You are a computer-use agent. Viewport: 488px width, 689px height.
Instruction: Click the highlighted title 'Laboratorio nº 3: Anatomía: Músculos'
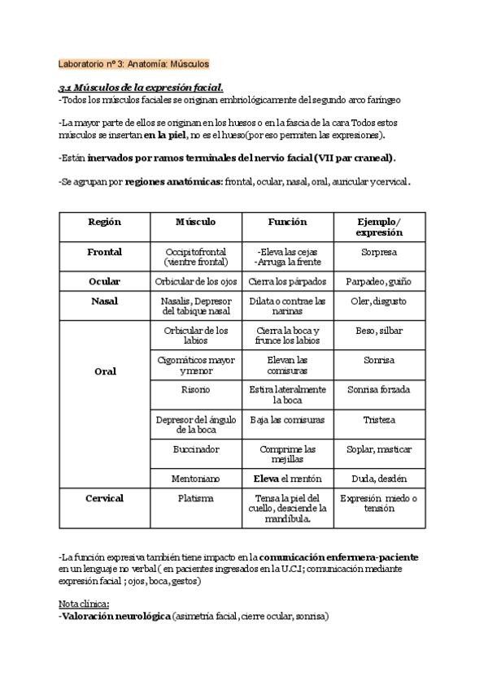coord(134,63)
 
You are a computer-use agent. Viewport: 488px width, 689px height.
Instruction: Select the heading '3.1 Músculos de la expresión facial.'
coord(141,87)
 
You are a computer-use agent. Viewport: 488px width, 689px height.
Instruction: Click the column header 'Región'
coord(104,221)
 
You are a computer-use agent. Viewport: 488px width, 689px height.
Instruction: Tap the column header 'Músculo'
coord(195,221)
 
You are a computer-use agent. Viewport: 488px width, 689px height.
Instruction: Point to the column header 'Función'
coord(287,221)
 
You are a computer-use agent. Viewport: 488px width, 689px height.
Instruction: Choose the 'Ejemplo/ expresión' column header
coord(379,227)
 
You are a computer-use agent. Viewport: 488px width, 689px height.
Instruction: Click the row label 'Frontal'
coord(104,252)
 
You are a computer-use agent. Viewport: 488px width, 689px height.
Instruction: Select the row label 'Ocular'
coord(104,281)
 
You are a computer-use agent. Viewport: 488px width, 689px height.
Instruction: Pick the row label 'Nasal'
coord(104,301)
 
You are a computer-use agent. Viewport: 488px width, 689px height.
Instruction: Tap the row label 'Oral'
coord(104,371)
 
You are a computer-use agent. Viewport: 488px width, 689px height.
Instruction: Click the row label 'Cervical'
coord(104,498)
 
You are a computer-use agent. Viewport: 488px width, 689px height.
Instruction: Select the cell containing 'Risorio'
coord(195,390)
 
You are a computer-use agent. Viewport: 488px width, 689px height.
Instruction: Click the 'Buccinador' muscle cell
coord(195,448)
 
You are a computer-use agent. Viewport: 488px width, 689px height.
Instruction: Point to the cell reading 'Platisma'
coord(195,498)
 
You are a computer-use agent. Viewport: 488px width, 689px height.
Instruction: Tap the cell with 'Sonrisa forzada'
coord(379,390)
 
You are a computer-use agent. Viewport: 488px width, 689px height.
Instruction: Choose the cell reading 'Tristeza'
coord(379,420)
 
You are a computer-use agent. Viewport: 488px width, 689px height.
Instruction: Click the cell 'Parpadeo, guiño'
coord(379,281)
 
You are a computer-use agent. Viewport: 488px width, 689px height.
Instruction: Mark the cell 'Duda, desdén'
coord(379,479)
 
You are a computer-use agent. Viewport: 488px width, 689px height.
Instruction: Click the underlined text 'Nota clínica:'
coord(84,604)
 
